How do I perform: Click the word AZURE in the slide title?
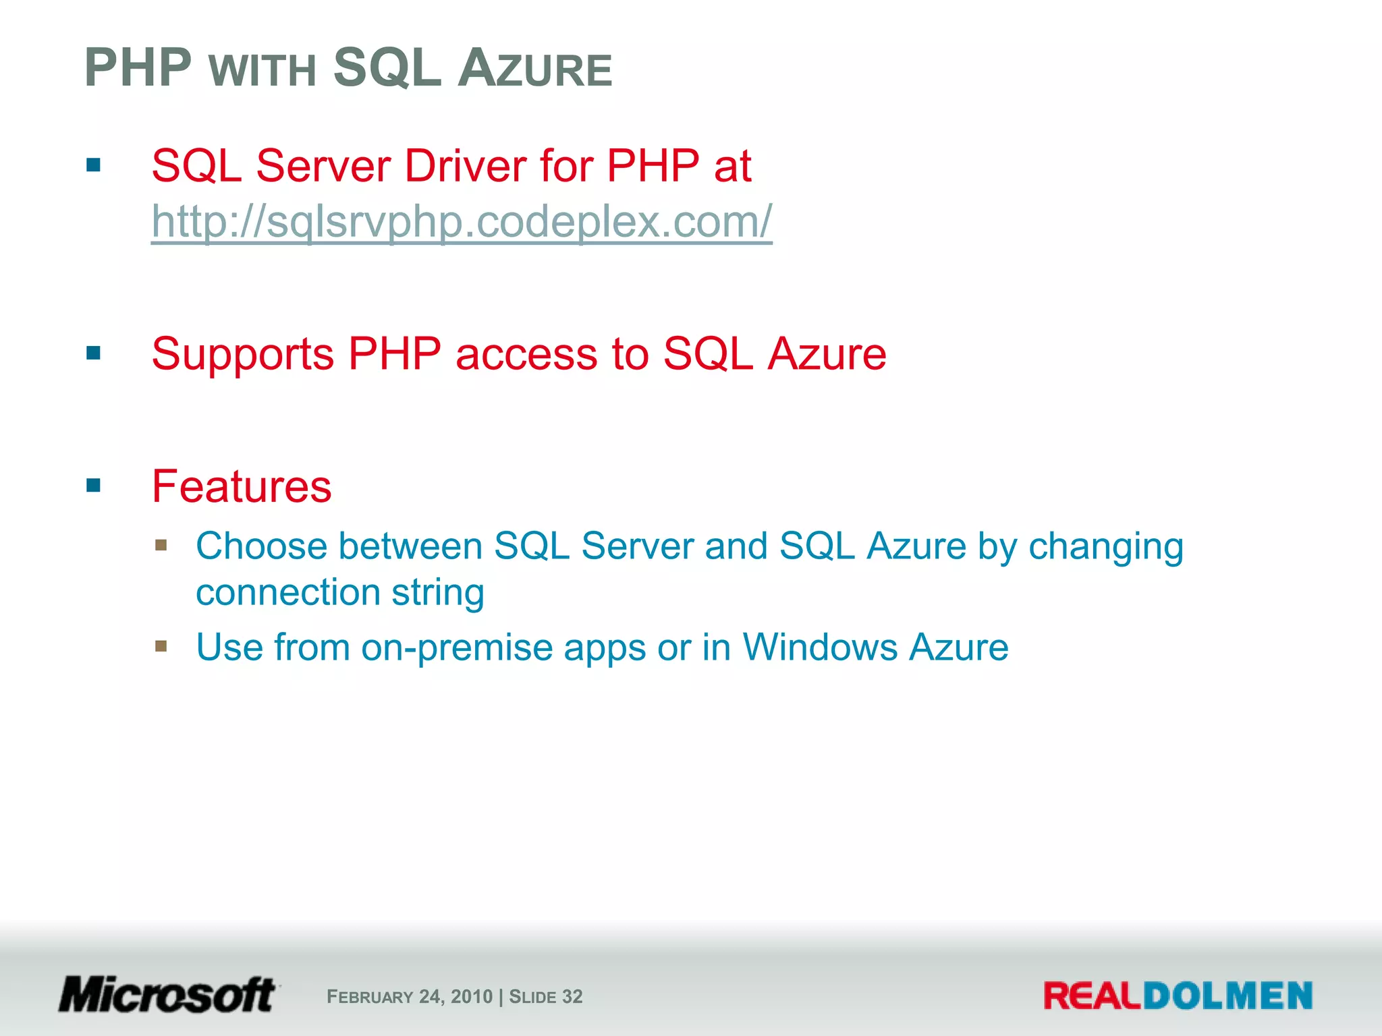coord(534,69)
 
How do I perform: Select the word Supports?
coord(242,354)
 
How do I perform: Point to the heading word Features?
coord(242,486)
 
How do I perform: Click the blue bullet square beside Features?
coord(94,486)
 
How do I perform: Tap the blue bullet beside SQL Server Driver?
coord(94,165)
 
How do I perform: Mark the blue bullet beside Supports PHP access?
coord(94,353)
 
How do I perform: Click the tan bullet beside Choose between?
coord(161,545)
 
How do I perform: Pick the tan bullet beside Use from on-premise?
coord(161,646)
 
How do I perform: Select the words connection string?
coord(340,592)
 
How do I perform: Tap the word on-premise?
coord(456,647)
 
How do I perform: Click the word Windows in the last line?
coord(819,647)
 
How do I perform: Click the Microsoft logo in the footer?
coord(167,995)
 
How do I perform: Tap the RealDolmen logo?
coord(1178,996)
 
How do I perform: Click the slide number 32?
coord(572,997)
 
